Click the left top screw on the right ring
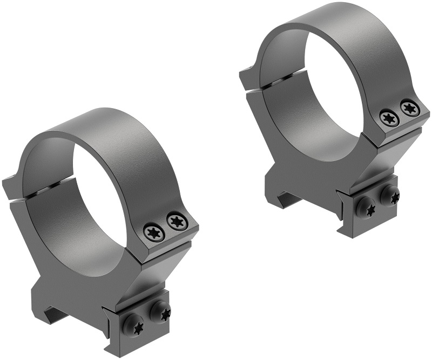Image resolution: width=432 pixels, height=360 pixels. (x=389, y=117)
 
